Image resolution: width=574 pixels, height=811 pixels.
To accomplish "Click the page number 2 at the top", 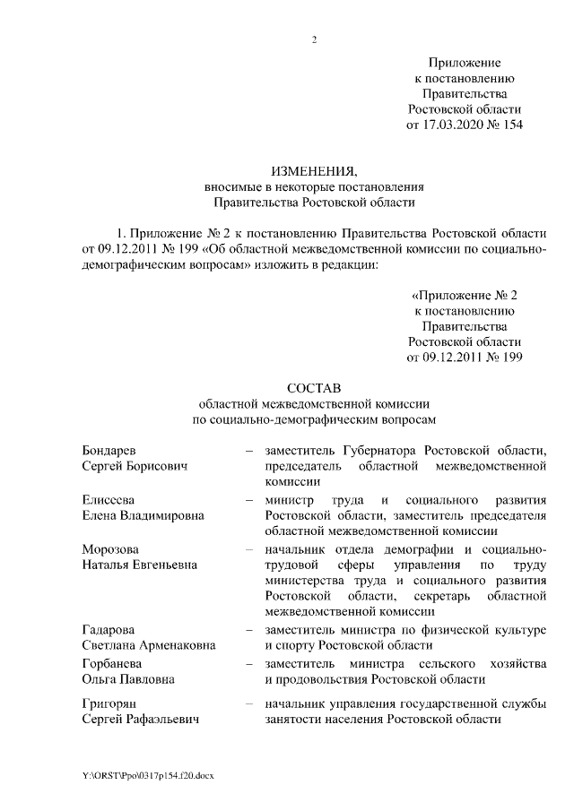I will pos(314,39).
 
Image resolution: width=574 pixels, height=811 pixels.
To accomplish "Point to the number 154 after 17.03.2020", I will pos(510,125).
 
